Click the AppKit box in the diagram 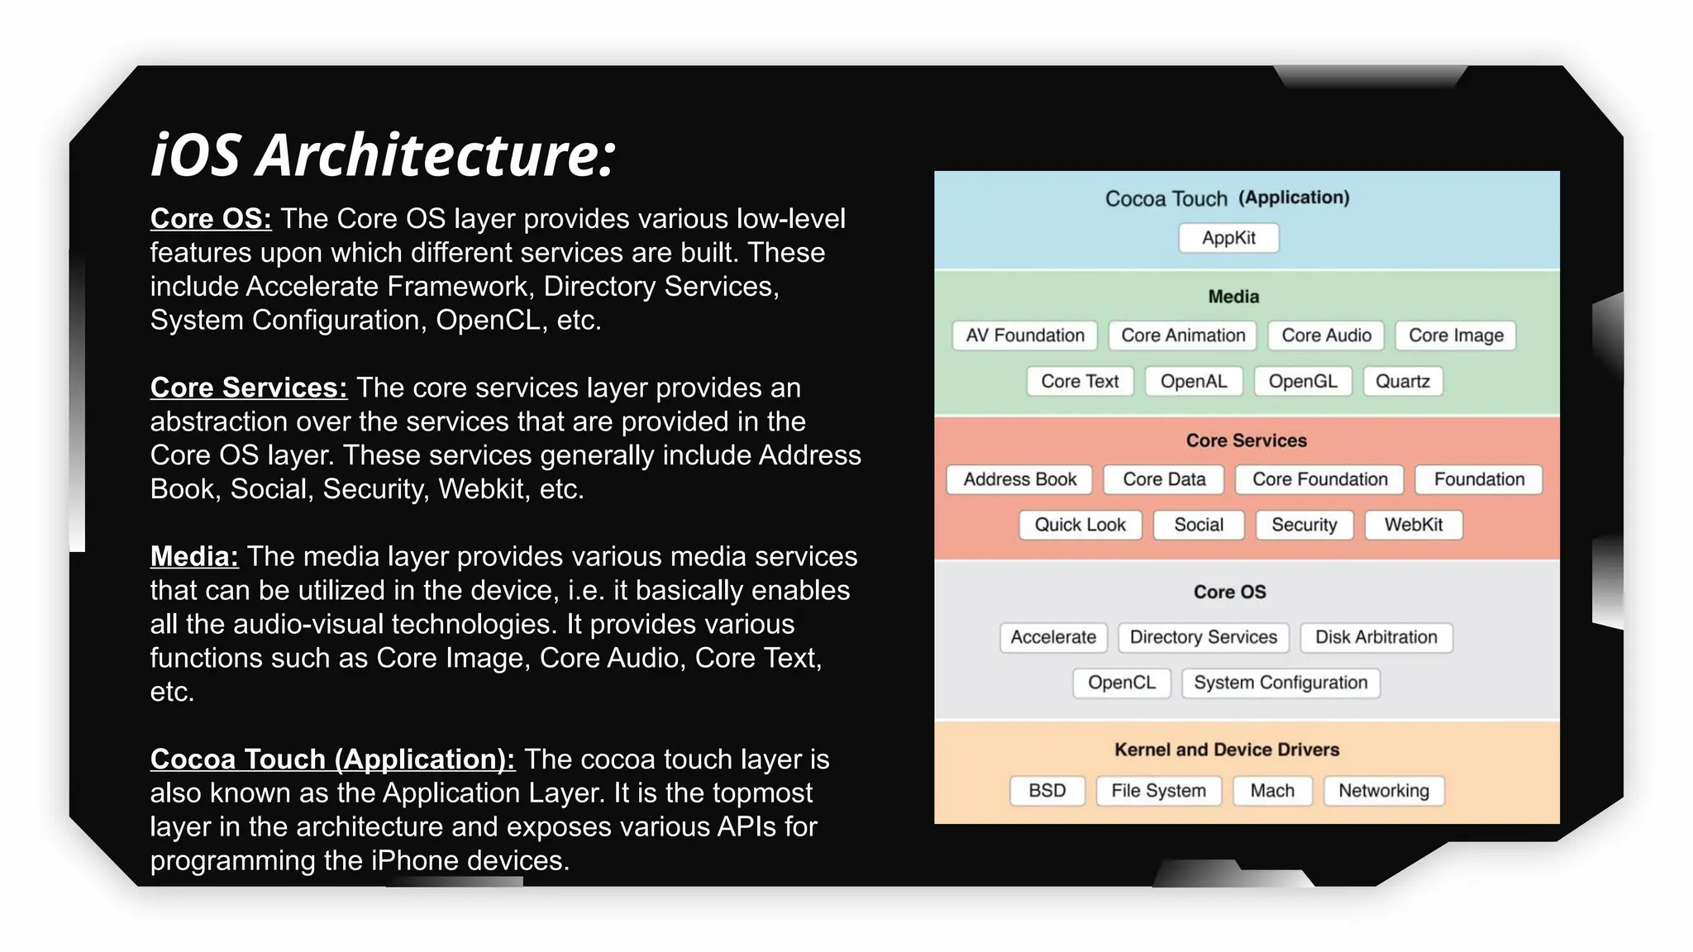pos(1228,238)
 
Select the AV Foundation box pos(1024,336)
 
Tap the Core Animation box pos(1182,336)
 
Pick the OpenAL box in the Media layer pos(1193,381)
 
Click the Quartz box pos(1402,381)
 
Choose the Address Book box pos(1019,479)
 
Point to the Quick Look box pos(1080,525)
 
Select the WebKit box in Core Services pos(1413,525)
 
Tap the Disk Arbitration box pos(1376,637)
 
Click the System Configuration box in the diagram pos(1280,683)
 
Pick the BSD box pos(1047,791)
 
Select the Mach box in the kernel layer pos(1271,791)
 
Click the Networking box pos(1383,791)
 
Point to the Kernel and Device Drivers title pos(1226,750)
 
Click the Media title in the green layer pos(1233,297)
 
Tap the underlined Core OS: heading pos(211,219)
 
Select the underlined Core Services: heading pos(248,388)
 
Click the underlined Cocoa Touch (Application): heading pos(332,759)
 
